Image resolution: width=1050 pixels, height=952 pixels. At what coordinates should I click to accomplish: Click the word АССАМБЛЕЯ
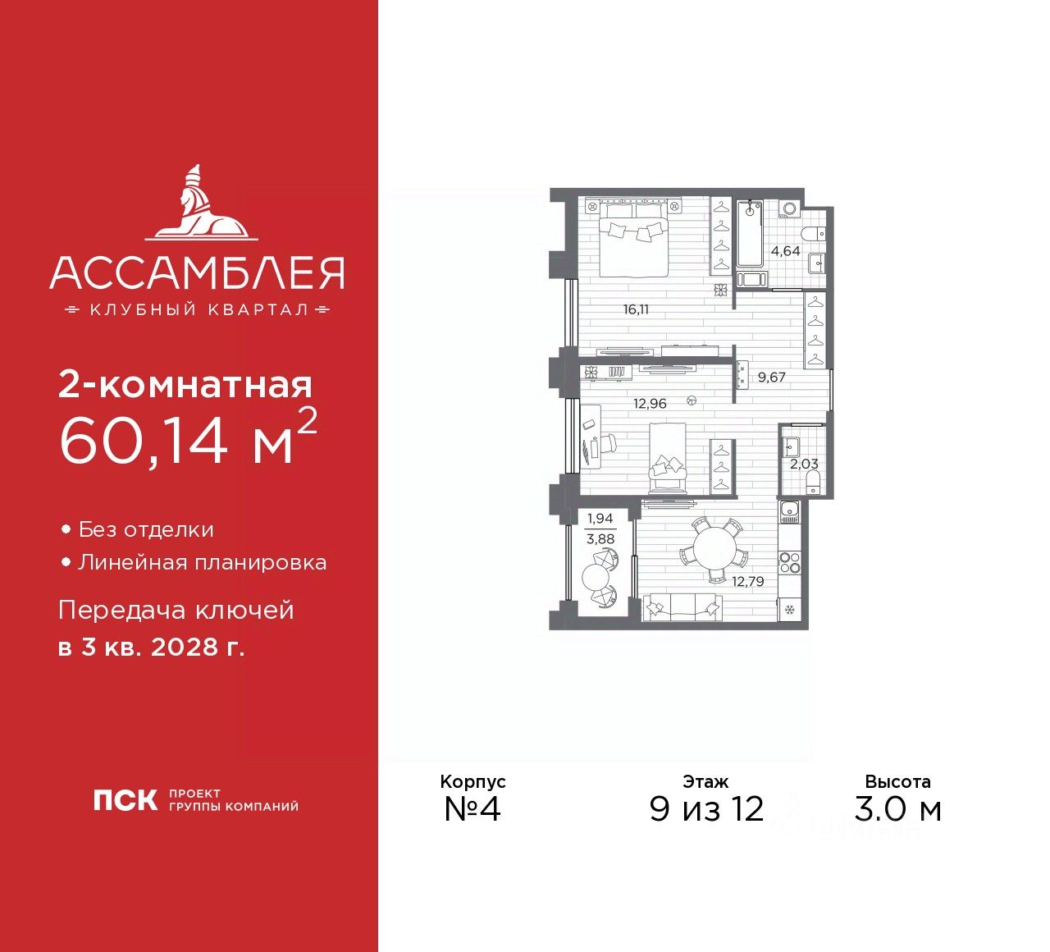(197, 273)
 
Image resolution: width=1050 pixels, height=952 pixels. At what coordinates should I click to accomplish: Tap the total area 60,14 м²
(187, 441)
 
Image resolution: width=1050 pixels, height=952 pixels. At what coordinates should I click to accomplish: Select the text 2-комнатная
(185, 385)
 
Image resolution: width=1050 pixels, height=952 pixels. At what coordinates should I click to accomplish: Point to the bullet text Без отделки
(146, 530)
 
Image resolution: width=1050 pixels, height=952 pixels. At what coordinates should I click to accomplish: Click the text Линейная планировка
(202, 563)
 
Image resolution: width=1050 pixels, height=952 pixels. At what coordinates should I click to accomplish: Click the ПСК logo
(125, 800)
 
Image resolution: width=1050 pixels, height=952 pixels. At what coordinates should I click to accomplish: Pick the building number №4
(472, 809)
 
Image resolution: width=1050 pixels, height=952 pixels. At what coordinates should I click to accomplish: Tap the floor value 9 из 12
(706, 809)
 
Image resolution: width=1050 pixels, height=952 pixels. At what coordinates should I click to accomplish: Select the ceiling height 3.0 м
(897, 809)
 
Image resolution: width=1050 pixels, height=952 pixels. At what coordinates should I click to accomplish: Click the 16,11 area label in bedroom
(636, 310)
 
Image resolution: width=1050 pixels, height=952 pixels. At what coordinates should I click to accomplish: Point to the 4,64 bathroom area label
(785, 251)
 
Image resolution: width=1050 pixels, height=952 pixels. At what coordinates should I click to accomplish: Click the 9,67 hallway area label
(771, 378)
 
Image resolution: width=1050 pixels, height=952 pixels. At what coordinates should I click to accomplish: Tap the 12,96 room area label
(650, 404)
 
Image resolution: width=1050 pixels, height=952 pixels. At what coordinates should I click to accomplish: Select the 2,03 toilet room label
(803, 464)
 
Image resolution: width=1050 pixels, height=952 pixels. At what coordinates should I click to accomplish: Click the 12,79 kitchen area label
(747, 582)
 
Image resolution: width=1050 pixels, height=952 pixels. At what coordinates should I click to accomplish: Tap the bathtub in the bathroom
(750, 234)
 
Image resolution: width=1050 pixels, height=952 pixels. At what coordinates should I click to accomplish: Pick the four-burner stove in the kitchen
(789, 563)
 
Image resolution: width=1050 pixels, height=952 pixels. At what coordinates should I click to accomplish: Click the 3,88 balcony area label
(600, 539)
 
